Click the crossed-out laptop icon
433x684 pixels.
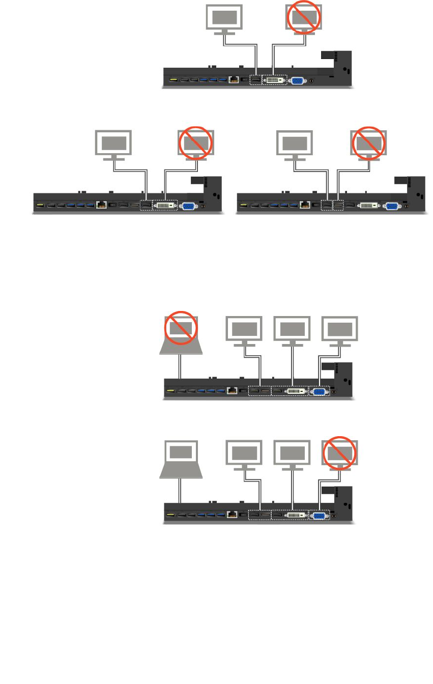click(x=181, y=334)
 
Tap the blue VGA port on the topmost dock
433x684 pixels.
click(x=297, y=80)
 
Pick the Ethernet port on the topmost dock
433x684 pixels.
click(x=234, y=79)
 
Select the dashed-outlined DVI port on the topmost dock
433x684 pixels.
click(x=274, y=80)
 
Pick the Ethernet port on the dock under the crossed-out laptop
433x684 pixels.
click(x=233, y=391)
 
